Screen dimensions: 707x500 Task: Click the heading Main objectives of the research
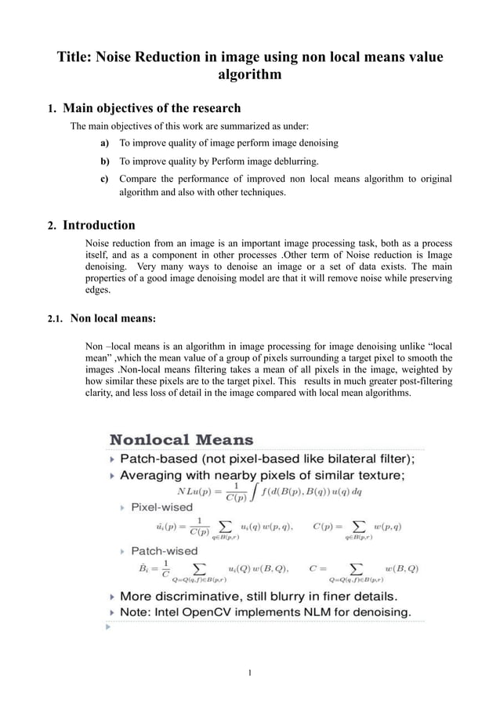(x=151, y=107)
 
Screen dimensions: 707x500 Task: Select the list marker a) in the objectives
(x=104, y=143)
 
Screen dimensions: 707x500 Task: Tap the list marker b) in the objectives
(x=104, y=161)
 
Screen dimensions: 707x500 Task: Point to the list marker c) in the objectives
(x=104, y=179)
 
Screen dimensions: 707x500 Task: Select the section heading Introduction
(x=99, y=226)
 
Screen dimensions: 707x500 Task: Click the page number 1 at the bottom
(x=249, y=672)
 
